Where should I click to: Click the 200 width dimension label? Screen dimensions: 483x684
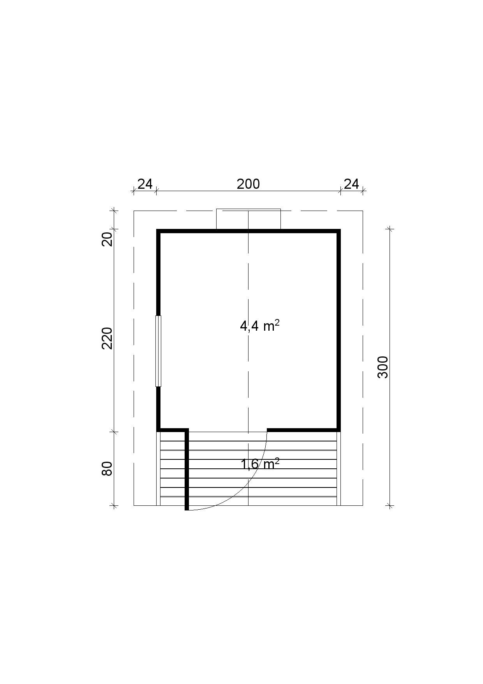248,184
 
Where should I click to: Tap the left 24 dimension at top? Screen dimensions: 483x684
145,184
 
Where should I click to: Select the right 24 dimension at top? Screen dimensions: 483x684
351,184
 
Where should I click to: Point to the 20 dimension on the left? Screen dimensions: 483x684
107,239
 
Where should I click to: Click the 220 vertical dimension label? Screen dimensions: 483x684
107,338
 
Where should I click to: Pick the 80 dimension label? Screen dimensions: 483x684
107,468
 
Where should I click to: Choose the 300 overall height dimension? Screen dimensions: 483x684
383,367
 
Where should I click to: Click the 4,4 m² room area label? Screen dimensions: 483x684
260,325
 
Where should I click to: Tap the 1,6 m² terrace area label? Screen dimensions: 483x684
260,464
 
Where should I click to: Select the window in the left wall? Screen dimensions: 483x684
158,351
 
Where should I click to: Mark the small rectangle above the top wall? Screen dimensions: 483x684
249,219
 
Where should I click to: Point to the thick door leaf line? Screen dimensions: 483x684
187,470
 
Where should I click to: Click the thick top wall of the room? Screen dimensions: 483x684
249,231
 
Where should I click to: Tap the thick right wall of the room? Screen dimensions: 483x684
339,330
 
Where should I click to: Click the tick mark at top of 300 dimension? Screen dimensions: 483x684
390,229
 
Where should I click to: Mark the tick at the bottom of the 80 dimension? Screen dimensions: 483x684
114,506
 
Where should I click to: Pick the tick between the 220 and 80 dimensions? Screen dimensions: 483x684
114,432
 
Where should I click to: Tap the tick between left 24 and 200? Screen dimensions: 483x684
156,191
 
